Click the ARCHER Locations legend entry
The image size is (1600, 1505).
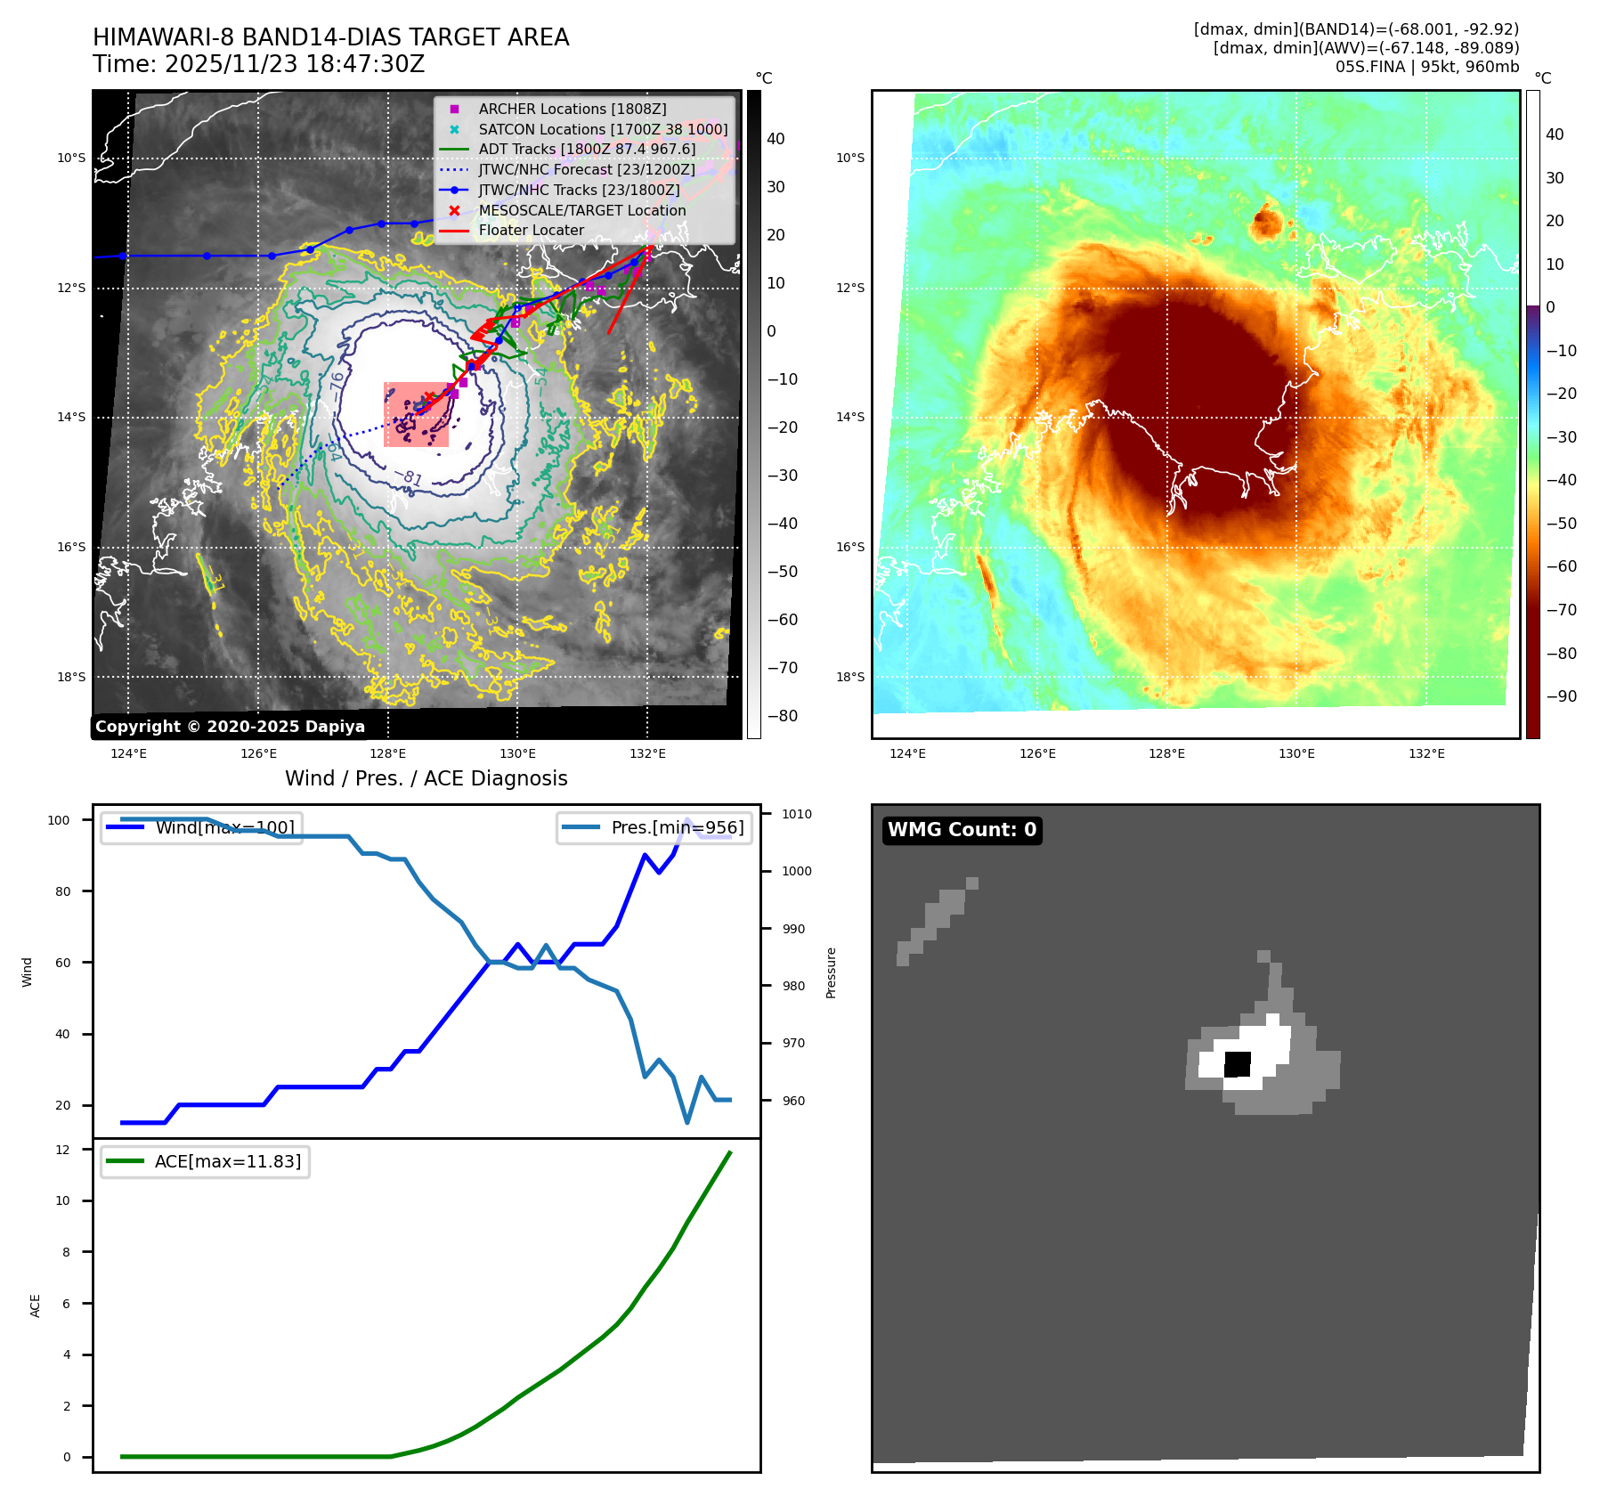click(x=572, y=109)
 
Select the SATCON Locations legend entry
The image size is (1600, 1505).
click(x=603, y=129)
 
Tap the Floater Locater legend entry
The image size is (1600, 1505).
click(x=531, y=230)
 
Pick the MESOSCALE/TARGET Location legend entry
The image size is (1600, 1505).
click(x=581, y=210)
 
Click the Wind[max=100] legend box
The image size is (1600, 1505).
click(x=201, y=827)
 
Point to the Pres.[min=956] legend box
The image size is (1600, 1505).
click(x=654, y=827)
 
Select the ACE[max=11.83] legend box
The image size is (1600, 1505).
click(x=205, y=1161)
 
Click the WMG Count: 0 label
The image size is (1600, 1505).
click(x=962, y=830)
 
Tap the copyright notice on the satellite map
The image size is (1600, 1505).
click(x=230, y=727)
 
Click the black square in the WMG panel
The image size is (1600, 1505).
click(x=1238, y=1064)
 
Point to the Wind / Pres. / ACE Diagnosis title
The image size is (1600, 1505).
click(x=426, y=778)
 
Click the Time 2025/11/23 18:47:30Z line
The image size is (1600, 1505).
click(x=258, y=64)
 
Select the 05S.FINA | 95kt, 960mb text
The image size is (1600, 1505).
click(x=1426, y=67)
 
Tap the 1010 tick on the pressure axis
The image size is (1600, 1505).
click(x=796, y=814)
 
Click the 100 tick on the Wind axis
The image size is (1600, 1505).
click(x=59, y=820)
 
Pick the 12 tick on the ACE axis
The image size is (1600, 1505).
click(x=62, y=1150)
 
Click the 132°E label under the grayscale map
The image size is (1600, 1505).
click(x=647, y=754)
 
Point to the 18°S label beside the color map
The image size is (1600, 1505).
click(x=849, y=677)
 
